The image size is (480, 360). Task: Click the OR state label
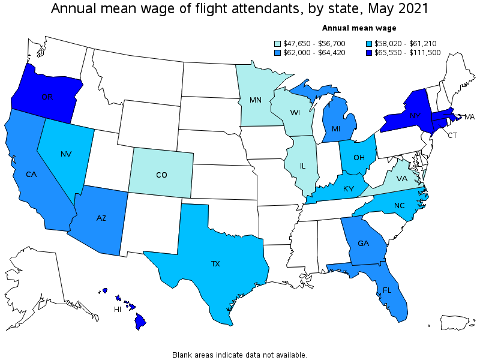click(x=48, y=97)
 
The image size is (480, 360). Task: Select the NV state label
click(x=66, y=154)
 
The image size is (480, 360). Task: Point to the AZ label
click(x=101, y=219)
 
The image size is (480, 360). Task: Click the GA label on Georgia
click(x=363, y=244)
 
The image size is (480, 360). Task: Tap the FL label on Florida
click(x=388, y=290)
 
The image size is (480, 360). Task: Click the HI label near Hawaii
click(x=118, y=310)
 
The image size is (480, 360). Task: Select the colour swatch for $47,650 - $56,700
click(x=278, y=43)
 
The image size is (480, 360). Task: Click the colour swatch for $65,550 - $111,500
click(x=368, y=52)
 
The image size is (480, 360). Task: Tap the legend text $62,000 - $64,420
click(x=311, y=52)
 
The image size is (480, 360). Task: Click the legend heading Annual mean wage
click(x=359, y=28)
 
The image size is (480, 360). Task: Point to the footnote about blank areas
click(x=240, y=355)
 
